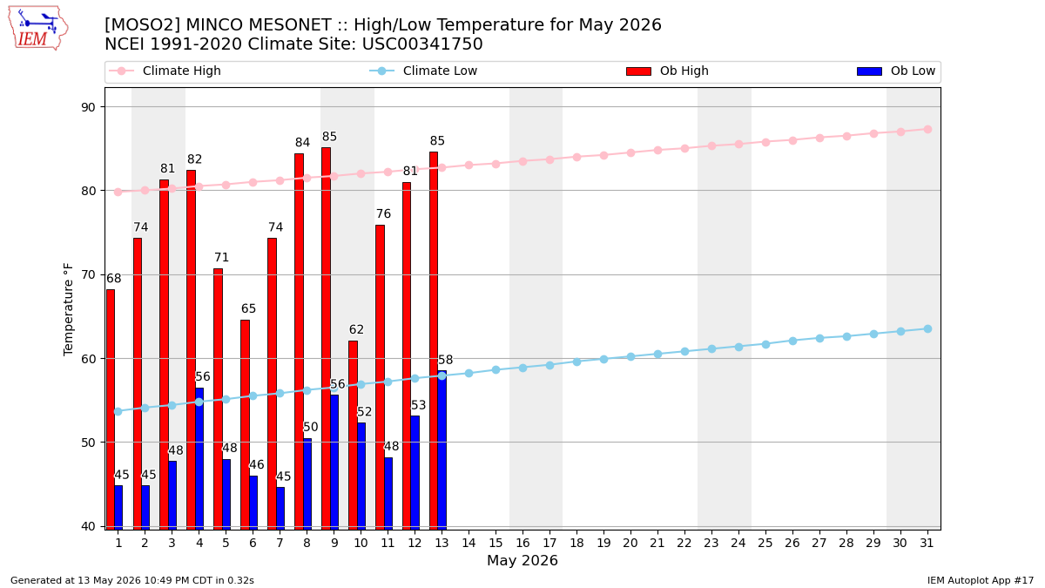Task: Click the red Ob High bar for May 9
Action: [x=326, y=338]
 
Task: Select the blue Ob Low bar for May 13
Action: [x=442, y=450]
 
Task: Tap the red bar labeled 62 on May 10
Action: [x=353, y=435]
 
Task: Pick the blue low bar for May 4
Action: [x=199, y=459]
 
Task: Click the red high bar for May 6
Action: [x=245, y=425]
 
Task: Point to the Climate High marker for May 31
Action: [x=927, y=129]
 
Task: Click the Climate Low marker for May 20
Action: [x=630, y=356]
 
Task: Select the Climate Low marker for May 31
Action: [x=927, y=329]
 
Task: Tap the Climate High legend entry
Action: [x=165, y=71]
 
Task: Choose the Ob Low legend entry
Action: [x=896, y=71]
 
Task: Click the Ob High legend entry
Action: [x=668, y=71]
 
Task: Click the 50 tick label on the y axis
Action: [x=88, y=443]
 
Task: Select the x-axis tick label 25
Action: [x=765, y=543]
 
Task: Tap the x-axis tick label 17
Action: [x=549, y=543]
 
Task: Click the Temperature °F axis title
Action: [x=68, y=310]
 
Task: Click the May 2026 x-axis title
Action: [x=522, y=560]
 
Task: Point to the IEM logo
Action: [x=37, y=28]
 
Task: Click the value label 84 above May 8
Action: [x=302, y=142]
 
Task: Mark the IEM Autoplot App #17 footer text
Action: [x=981, y=580]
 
